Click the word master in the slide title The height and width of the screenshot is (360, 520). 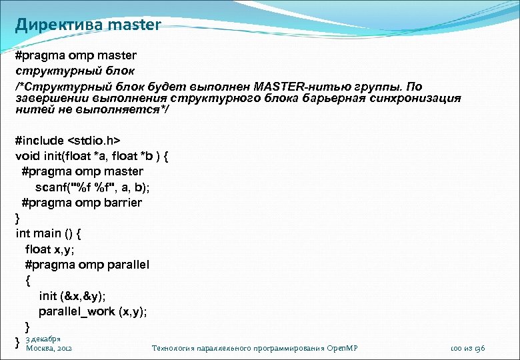[x=134, y=25]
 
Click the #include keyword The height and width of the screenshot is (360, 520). [x=39, y=141]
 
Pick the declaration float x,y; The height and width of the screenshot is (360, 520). [x=49, y=249]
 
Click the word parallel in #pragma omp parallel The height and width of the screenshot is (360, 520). [x=127, y=265]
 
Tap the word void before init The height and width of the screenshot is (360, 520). [x=27, y=157]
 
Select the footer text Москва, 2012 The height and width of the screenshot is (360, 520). [x=49, y=348]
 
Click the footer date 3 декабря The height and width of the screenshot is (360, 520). [x=43, y=338]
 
